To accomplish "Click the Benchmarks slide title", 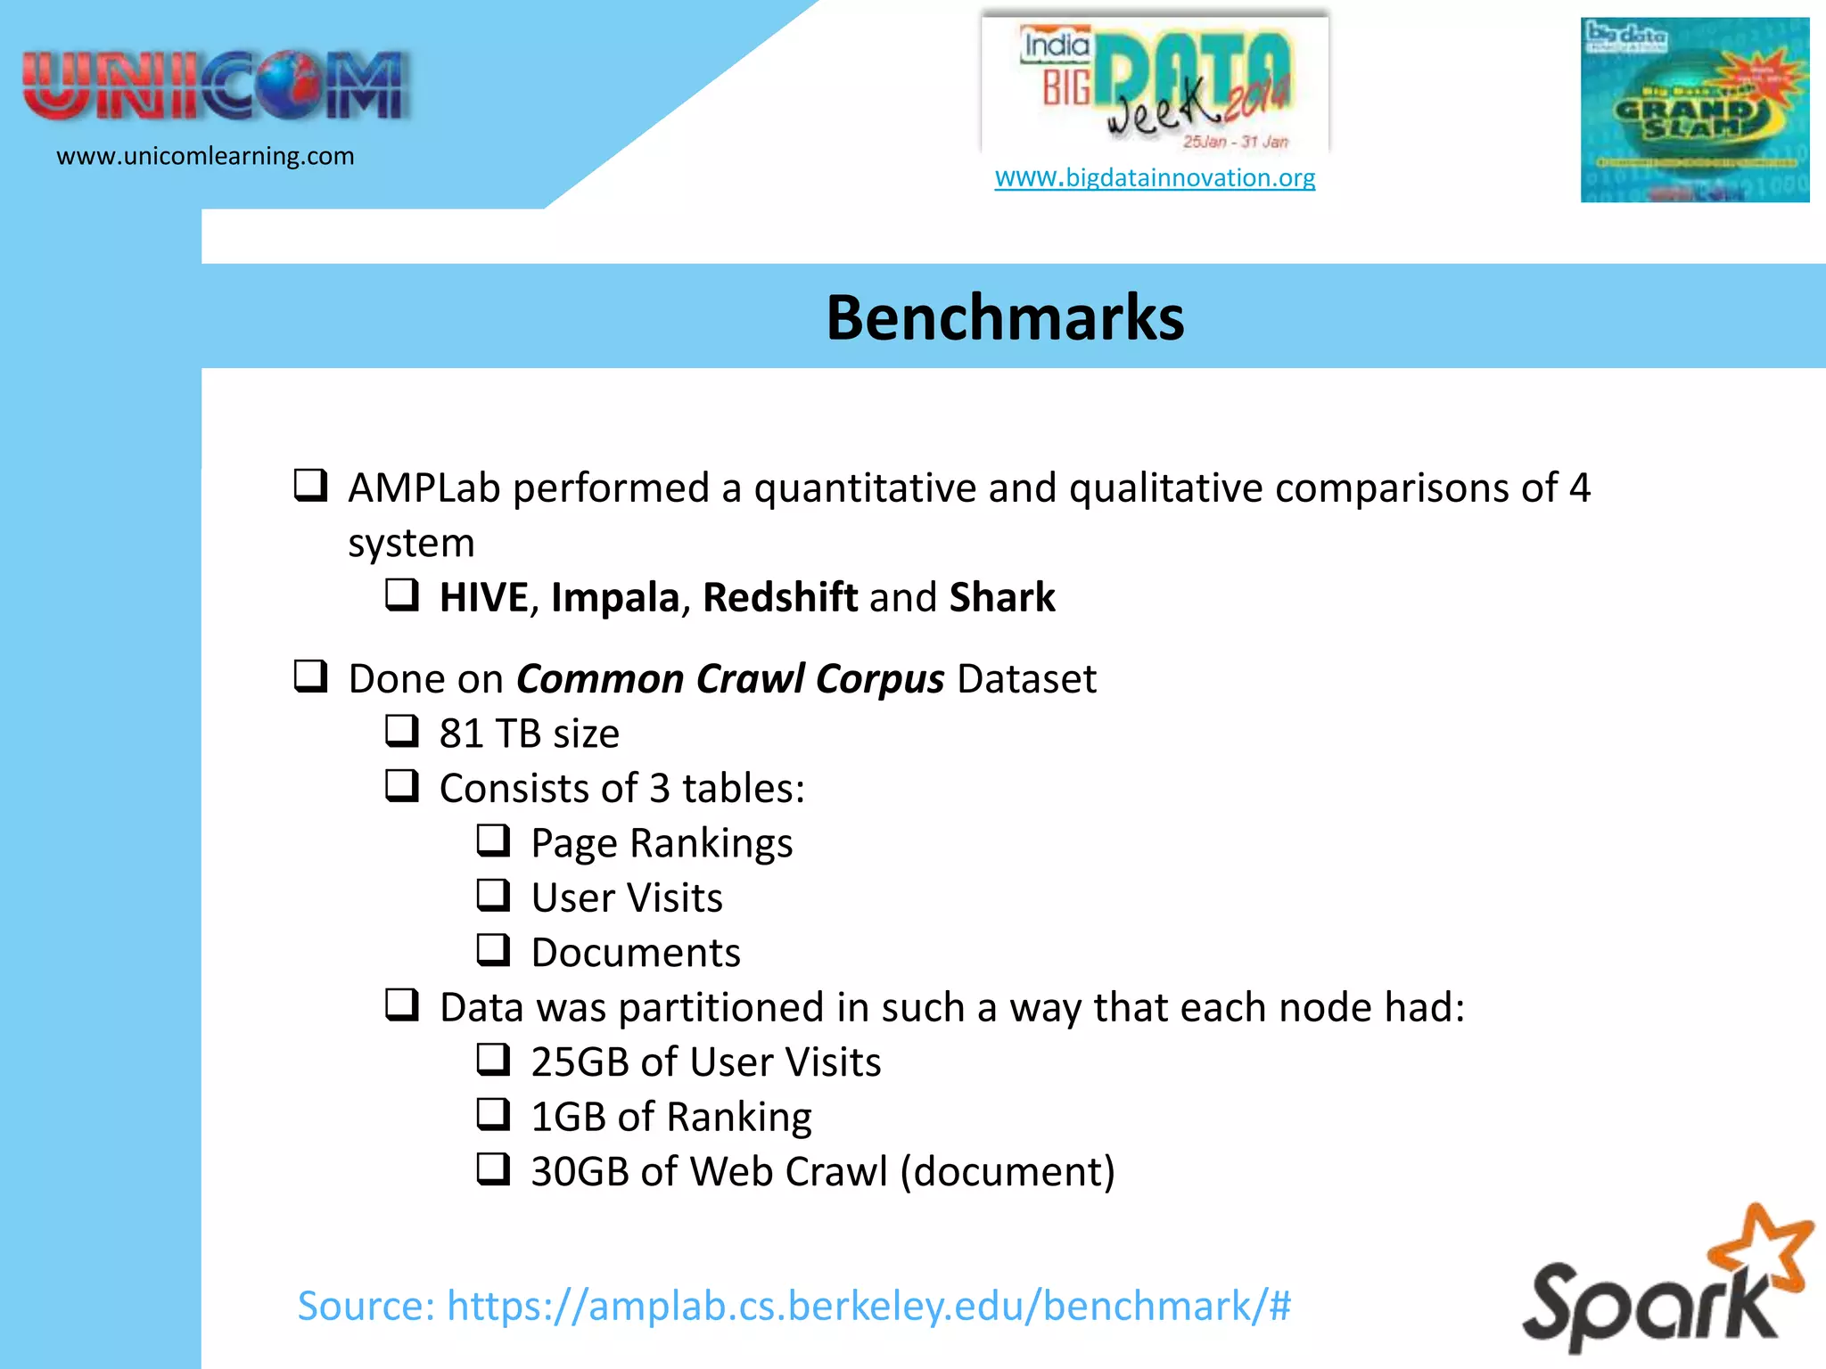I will tap(1005, 318).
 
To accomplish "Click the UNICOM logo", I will tap(216, 86).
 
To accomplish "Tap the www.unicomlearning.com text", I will tap(205, 156).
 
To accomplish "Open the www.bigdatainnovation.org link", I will tap(1155, 177).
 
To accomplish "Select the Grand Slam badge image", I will tap(1694, 111).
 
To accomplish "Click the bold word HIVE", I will tap(484, 597).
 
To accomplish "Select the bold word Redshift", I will tap(780, 597).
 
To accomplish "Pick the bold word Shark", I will tap(1002, 597).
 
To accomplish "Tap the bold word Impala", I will tap(615, 597).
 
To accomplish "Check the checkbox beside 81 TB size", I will tap(402, 731).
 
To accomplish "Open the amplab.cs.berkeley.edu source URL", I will tap(868, 1306).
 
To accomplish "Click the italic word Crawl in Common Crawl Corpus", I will tap(752, 679).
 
